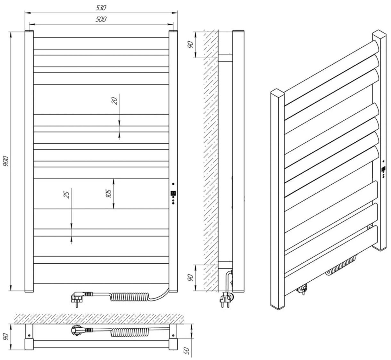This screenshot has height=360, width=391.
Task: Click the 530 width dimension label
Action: [101, 7]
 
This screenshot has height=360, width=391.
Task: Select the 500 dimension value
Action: [101, 19]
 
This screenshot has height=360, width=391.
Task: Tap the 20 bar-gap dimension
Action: [115, 100]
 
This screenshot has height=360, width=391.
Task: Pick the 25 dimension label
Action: [67, 194]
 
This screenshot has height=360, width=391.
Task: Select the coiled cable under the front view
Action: [128, 297]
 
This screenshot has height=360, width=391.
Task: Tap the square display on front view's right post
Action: [173, 194]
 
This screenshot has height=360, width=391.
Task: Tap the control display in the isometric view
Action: [383, 169]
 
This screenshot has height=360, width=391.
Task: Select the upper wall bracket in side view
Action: [225, 58]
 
